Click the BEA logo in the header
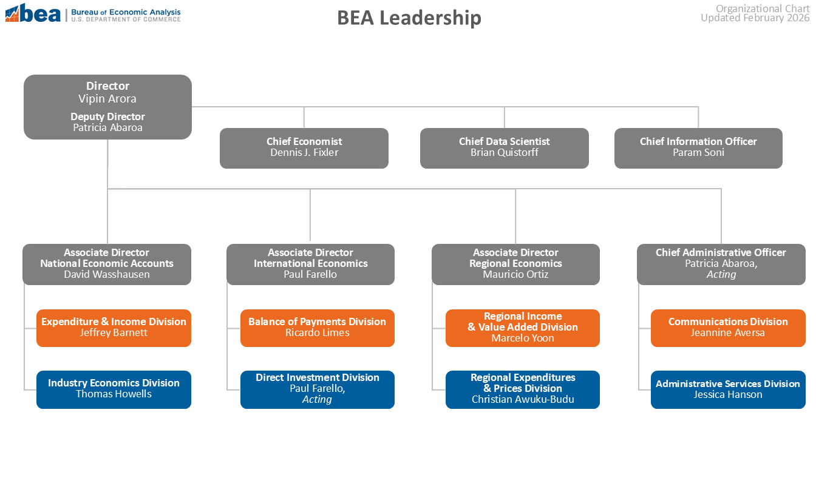click(33, 13)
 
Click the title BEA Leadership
click(409, 18)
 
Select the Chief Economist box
click(304, 147)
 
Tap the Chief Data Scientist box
click(504, 147)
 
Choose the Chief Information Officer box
click(698, 147)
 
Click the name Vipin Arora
click(107, 98)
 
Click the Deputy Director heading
click(107, 116)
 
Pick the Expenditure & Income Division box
click(114, 328)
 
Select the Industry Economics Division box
click(114, 389)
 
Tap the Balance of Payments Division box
click(317, 328)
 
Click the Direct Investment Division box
click(317, 389)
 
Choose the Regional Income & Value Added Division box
click(522, 328)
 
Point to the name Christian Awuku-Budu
click(522, 399)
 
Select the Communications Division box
click(728, 328)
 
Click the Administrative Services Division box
click(728, 389)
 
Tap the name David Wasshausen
click(107, 274)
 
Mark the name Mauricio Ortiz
click(515, 274)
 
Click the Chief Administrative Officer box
click(721, 264)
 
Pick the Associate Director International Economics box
click(310, 264)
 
